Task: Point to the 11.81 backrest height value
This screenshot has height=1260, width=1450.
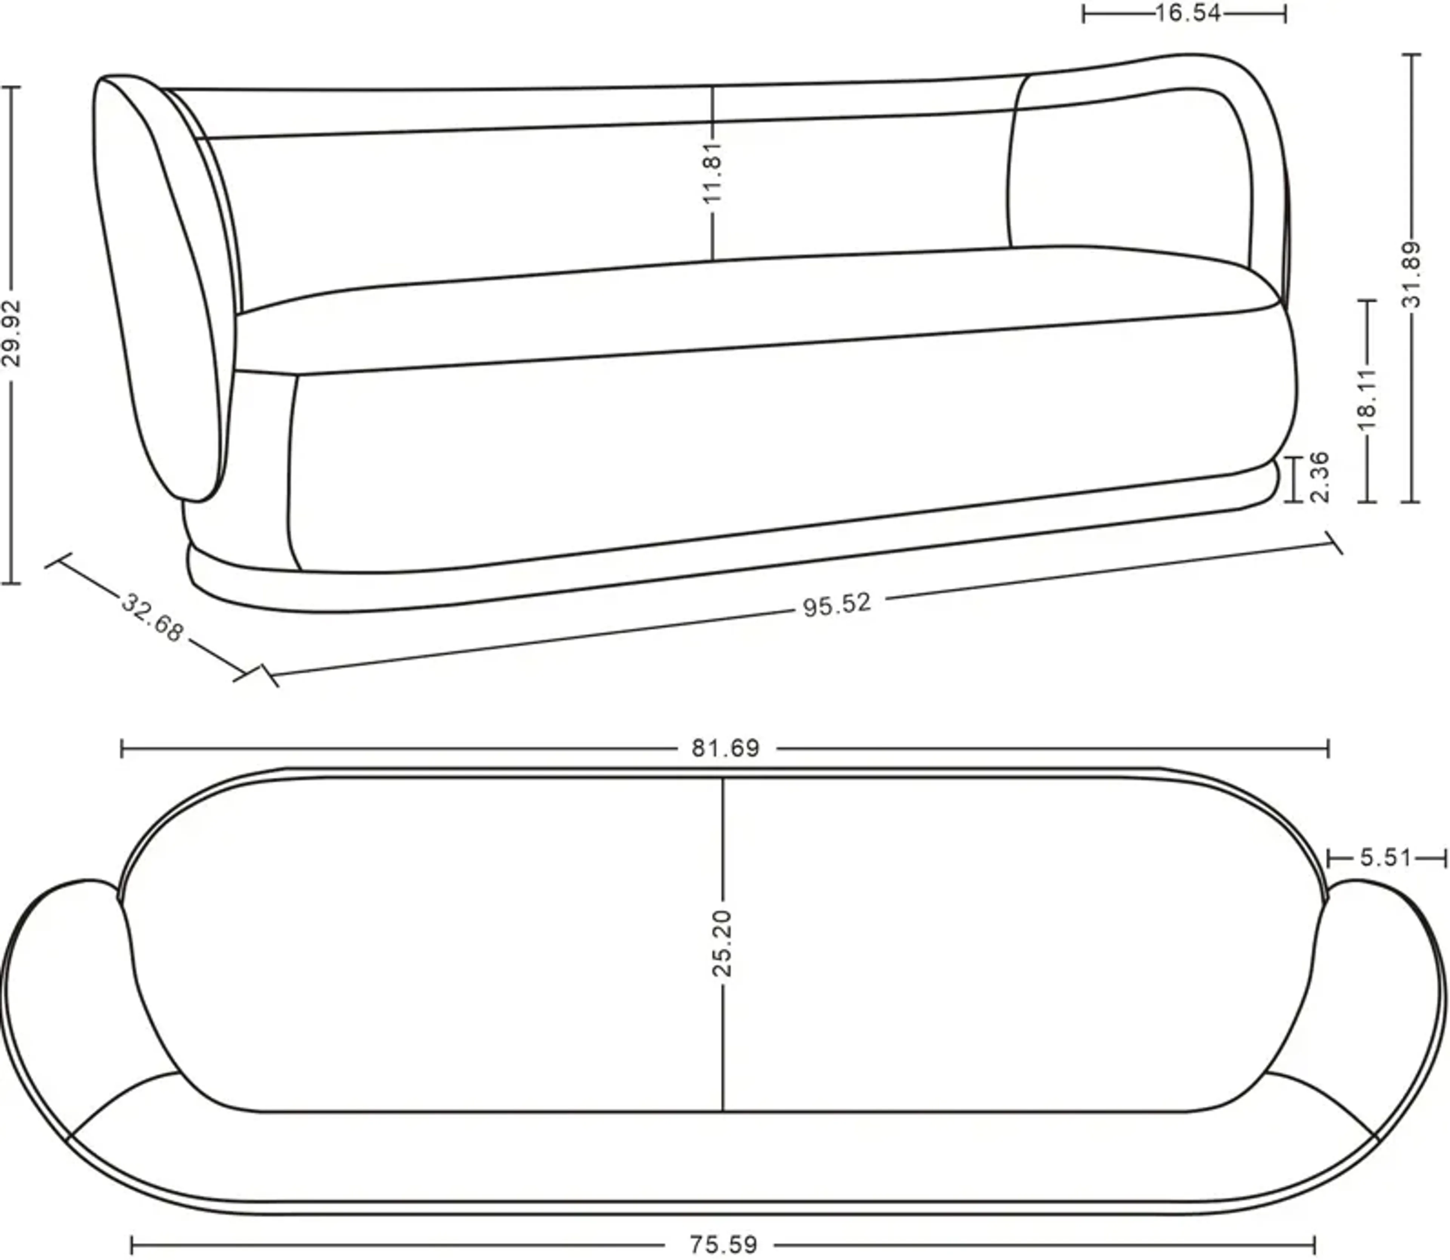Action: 713,172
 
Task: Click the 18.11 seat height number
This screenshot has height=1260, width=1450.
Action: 1367,399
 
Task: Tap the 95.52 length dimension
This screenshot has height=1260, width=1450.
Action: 836,605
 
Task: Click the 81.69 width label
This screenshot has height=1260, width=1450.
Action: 725,748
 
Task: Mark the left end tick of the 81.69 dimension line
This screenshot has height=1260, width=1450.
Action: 122,748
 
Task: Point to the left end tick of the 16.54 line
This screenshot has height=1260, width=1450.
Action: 1084,13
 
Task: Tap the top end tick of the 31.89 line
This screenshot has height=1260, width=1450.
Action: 1411,54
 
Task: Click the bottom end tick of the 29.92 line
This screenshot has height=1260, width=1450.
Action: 11,583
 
